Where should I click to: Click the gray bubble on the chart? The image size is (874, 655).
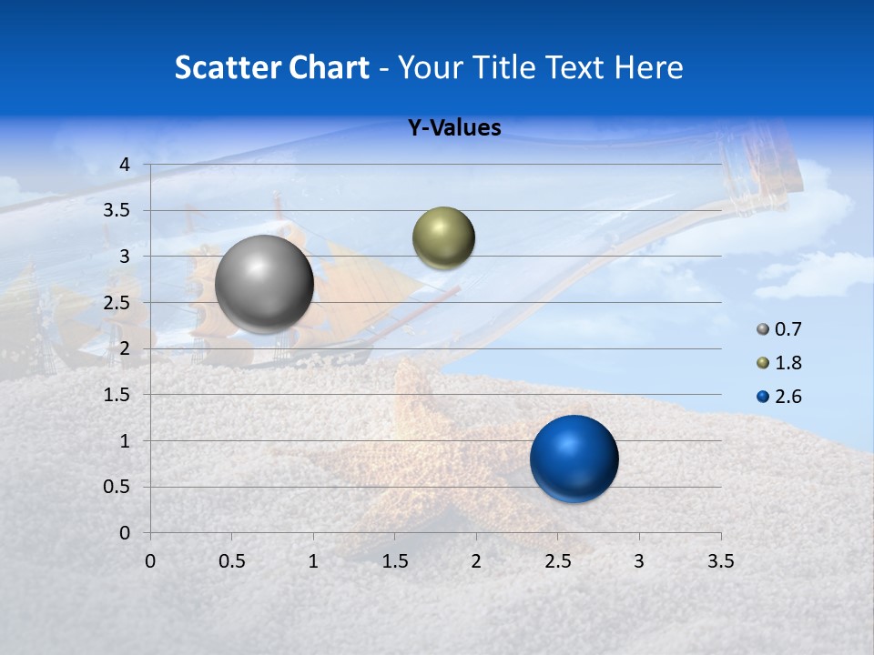(x=265, y=284)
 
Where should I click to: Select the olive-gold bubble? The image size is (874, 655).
(x=443, y=238)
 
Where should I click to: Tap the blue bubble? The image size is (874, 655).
(x=574, y=458)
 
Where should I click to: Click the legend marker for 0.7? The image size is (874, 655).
(x=763, y=329)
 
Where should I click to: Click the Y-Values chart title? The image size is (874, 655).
(x=454, y=128)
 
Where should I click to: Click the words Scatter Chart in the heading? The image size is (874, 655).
(x=271, y=67)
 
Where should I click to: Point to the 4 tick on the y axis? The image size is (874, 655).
(x=126, y=165)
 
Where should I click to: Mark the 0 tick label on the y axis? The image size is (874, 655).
(x=126, y=533)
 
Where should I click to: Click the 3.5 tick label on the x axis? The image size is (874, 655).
(x=720, y=561)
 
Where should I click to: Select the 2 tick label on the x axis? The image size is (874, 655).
(x=476, y=561)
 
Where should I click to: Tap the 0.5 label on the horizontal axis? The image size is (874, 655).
(x=231, y=561)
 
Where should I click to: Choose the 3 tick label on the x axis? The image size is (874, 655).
(x=639, y=561)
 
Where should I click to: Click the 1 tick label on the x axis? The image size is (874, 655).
(x=313, y=561)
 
